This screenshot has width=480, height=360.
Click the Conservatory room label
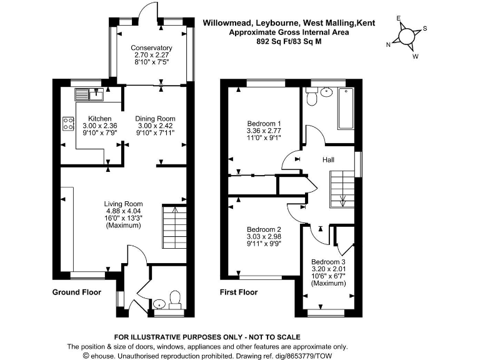pyautogui.click(x=151, y=48)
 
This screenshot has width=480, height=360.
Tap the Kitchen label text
pyautogui.click(x=99, y=119)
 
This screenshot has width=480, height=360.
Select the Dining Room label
pyautogui.click(x=156, y=119)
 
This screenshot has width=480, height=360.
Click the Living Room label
pyautogui.click(x=124, y=204)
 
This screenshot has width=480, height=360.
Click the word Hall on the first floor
pyautogui.click(x=328, y=161)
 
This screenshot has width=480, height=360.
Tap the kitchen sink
pyautogui.click(x=90, y=94)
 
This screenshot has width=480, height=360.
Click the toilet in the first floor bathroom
pyautogui.click(x=312, y=96)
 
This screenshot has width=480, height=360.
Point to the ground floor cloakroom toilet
pyautogui.click(x=176, y=299)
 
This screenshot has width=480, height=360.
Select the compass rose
pyautogui.click(x=407, y=36)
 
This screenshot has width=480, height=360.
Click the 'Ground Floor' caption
pyautogui.click(x=76, y=292)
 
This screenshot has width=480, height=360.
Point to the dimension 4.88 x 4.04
pyautogui.click(x=124, y=211)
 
